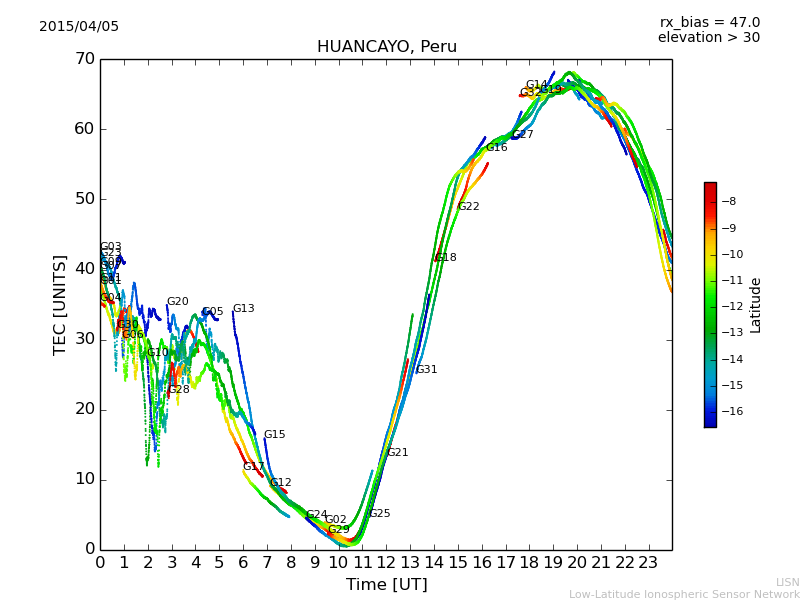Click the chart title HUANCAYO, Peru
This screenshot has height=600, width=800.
pos(386,47)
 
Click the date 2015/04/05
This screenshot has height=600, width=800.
pos(79,26)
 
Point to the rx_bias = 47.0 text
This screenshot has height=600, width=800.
pos(709,22)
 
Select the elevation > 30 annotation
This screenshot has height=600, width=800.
pos(708,38)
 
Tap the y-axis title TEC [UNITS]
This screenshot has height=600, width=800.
pos(60,304)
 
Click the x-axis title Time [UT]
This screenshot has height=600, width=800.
pos(386,584)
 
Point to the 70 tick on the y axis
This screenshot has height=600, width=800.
pos(84,59)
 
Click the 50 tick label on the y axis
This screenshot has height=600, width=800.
pos(84,199)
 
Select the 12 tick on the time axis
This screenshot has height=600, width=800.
pos(386,562)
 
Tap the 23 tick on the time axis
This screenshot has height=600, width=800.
pos(648,562)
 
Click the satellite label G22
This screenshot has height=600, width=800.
pos(468,207)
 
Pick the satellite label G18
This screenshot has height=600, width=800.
pos(445,258)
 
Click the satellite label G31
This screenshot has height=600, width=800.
pos(426,370)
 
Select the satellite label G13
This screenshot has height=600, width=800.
pos(243,309)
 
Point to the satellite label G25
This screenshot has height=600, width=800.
pos(379,514)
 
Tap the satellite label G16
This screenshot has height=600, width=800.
pos(496,148)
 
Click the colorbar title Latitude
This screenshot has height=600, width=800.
pos(756,305)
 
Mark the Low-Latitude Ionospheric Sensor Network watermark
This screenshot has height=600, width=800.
pos(684,595)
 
